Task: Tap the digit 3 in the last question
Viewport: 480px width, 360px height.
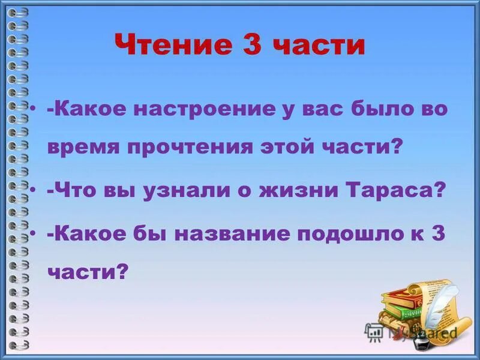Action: point(438,234)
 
